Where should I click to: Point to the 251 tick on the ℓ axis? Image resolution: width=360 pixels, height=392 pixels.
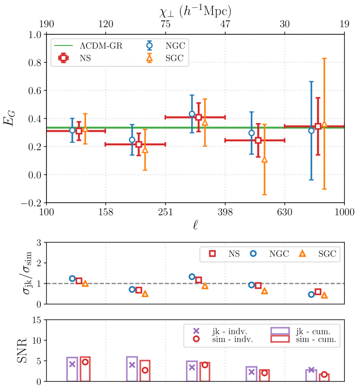(165, 212)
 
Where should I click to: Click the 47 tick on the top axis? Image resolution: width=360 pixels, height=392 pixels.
(225, 25)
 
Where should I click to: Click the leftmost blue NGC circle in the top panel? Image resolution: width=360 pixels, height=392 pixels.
(72, 130)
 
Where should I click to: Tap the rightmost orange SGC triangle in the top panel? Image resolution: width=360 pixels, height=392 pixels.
(324, 124)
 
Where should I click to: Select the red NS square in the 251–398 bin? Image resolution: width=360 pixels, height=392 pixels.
(199, 117)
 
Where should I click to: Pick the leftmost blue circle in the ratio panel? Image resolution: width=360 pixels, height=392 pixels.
(72, 278)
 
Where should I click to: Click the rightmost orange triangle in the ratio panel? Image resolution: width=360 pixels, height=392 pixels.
(324, 295)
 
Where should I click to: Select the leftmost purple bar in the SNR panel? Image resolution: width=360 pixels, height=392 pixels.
(72, 369)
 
